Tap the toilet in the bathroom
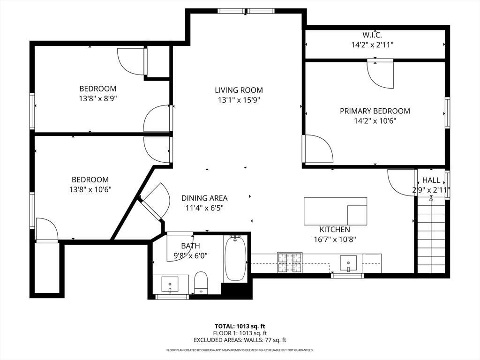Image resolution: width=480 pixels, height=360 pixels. point(201,282)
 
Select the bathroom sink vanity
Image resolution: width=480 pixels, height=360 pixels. point(170,284)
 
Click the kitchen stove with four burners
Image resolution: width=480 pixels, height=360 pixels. point(290,262)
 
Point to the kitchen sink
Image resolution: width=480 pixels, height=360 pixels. point(349,263)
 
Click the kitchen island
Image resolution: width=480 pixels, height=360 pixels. point(335,211)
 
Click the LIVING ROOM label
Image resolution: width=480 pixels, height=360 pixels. point(239,90)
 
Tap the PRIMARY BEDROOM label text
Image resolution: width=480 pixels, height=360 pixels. point(375,111)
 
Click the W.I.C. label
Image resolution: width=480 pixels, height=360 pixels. point(372,35)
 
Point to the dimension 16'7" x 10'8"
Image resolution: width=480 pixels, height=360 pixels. point(335,239)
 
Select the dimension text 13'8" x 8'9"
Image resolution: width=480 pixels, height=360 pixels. point(97,98)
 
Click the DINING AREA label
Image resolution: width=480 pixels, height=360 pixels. point(204,198)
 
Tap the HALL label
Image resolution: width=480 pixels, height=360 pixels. point(431,180)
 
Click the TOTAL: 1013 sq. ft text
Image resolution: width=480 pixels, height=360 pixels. point(240,326)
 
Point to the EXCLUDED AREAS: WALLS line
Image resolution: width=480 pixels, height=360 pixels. point(240,340)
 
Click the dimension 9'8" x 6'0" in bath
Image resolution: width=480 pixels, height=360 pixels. point(190,255)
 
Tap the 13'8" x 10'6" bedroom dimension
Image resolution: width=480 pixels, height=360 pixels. point(90,189)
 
